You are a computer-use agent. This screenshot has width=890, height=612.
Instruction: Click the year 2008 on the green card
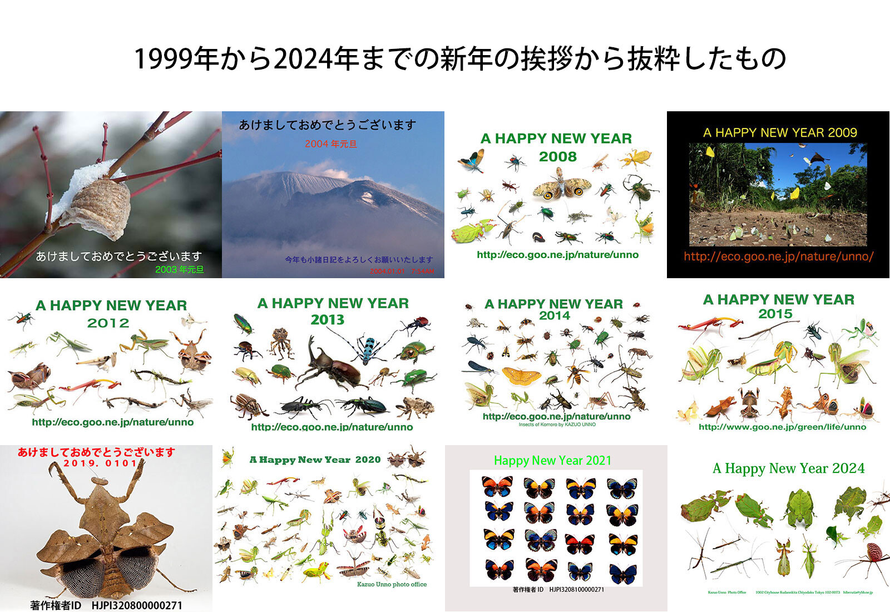tap(557, 157)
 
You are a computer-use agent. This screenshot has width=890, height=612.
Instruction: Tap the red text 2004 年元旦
tap(330, 144)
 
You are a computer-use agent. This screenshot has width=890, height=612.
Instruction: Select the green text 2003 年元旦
tap(179, 270)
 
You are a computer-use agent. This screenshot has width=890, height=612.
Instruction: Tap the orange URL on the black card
tap(778, 256)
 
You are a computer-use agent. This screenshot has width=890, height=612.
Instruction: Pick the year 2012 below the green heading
tap(108, 323)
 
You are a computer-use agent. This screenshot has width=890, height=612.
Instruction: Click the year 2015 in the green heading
tap(775, 314)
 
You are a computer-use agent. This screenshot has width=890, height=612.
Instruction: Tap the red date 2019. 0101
tap(100, 463)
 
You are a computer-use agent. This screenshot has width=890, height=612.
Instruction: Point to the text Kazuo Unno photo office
tap(392, 585)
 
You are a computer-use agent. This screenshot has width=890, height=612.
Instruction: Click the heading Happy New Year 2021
tap(552, 461)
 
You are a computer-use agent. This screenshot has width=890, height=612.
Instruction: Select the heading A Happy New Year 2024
tap(788, 468)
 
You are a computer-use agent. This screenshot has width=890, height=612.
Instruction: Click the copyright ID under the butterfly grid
tap(558, 590)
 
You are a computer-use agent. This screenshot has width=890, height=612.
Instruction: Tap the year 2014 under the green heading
tap(554, 315)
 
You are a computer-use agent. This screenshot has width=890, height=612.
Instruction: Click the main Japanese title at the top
tap(460, 58)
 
